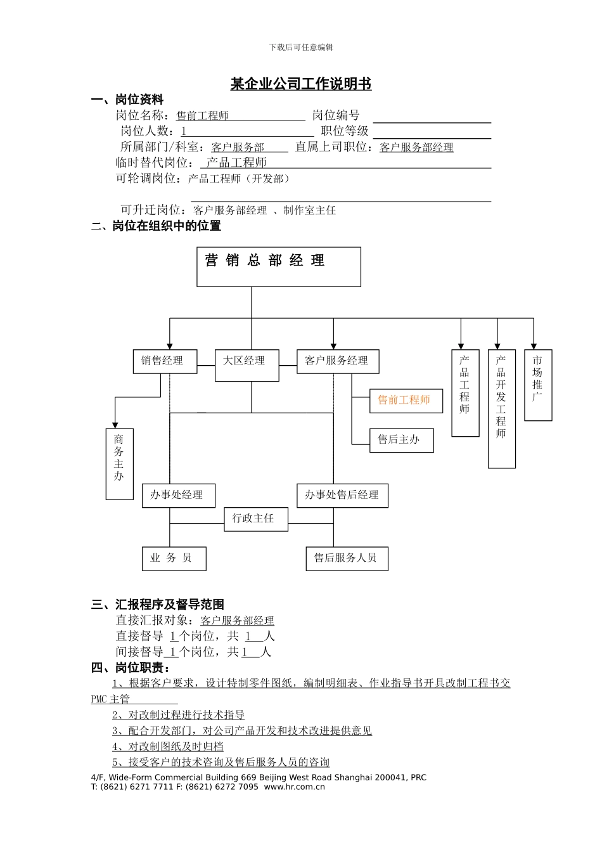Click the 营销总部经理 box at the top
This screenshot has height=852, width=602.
279,267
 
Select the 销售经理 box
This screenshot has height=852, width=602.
165,361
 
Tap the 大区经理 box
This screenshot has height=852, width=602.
247,365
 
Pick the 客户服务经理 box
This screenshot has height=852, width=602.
338,361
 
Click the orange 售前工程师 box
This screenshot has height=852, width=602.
406,401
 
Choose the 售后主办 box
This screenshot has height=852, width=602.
401,440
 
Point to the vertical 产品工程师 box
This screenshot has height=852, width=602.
465,393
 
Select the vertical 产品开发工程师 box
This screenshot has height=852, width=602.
501,408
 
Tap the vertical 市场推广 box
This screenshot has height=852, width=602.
538,385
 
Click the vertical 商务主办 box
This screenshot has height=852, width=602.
119,464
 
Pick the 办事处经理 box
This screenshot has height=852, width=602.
178,495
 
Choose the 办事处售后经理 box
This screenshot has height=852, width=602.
342,495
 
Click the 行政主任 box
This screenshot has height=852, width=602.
256,519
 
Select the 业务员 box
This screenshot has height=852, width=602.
174,558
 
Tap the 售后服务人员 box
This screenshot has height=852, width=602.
347,558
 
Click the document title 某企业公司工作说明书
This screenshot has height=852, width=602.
300,84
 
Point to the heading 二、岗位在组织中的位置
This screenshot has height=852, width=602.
156,226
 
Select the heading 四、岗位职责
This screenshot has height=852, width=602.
130,668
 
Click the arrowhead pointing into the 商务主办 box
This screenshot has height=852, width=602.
115,425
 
